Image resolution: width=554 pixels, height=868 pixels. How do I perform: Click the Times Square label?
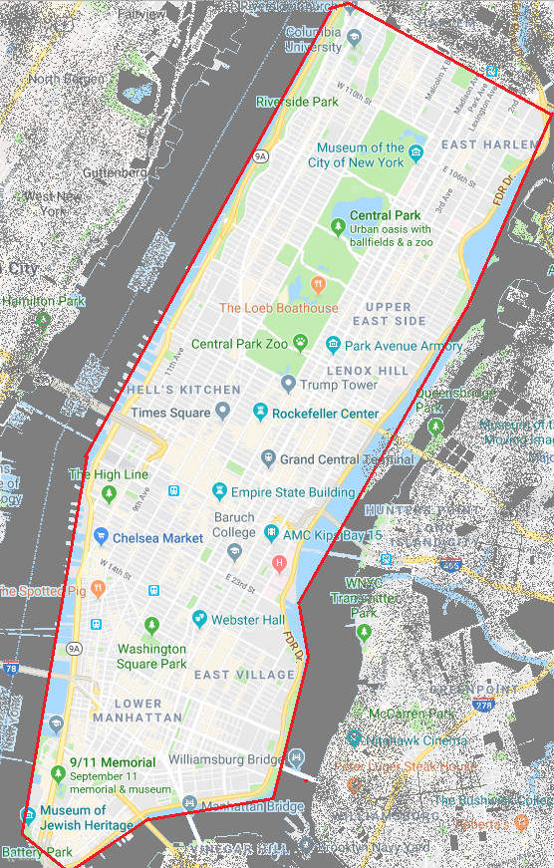click(170, 413)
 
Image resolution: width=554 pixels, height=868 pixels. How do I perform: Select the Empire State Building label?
click(293, 492)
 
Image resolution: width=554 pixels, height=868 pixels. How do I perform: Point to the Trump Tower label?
click(339, 385)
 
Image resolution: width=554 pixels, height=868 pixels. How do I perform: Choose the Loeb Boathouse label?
click(278, 308)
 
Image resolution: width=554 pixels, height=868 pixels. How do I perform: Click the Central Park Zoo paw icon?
click(300, 344)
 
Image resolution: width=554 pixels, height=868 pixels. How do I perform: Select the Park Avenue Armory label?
click(403, 346)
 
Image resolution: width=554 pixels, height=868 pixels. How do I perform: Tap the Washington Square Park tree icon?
click(151, 625)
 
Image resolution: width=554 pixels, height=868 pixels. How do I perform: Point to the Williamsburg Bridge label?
click(225, 759)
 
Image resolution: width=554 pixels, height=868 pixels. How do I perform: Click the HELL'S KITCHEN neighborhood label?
click(183, 389)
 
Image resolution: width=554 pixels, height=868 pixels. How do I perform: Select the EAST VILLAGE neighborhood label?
click(245, 675)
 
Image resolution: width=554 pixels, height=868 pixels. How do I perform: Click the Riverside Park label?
click(297, 102)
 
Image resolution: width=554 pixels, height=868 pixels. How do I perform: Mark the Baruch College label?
click(235, 525)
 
